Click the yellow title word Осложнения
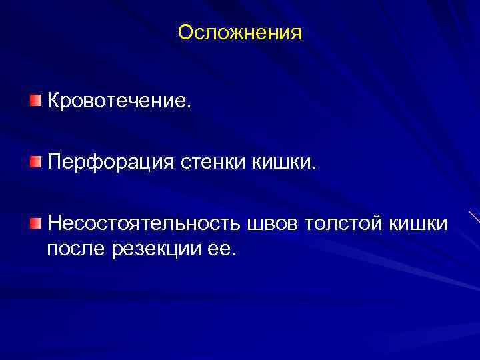pos(240,33)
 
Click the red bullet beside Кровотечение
pos(35,101)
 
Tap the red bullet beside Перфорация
pos(35,161)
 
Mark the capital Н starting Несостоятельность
pos(53,223)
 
